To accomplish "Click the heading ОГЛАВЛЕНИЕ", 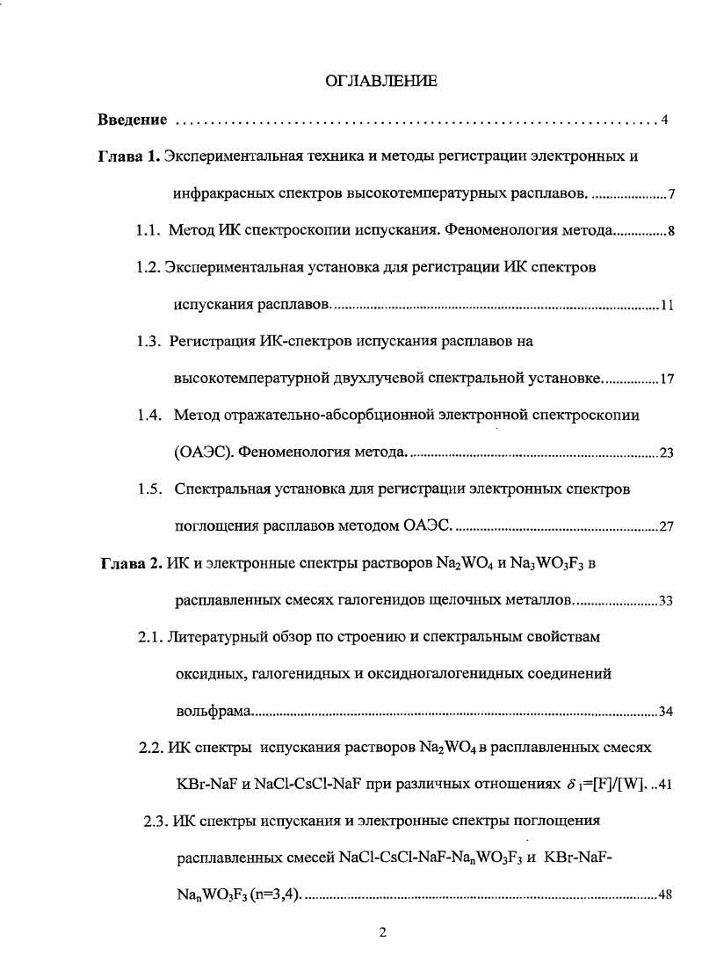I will click(381, 82).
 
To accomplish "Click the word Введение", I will click(132, 119).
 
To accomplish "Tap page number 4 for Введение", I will click(665, 119).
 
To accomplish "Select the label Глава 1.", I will click(128, 157).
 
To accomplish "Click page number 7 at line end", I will click(670, 195).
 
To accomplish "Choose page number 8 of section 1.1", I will click(670, 232).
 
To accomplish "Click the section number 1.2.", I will click(148, 268).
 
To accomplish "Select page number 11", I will click(667, 306).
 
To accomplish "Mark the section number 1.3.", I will click(148, 342).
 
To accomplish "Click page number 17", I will click(667, 380).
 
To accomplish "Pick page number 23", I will click(667, 453).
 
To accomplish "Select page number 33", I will click(666, 601).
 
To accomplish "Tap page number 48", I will click(665, 895).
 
